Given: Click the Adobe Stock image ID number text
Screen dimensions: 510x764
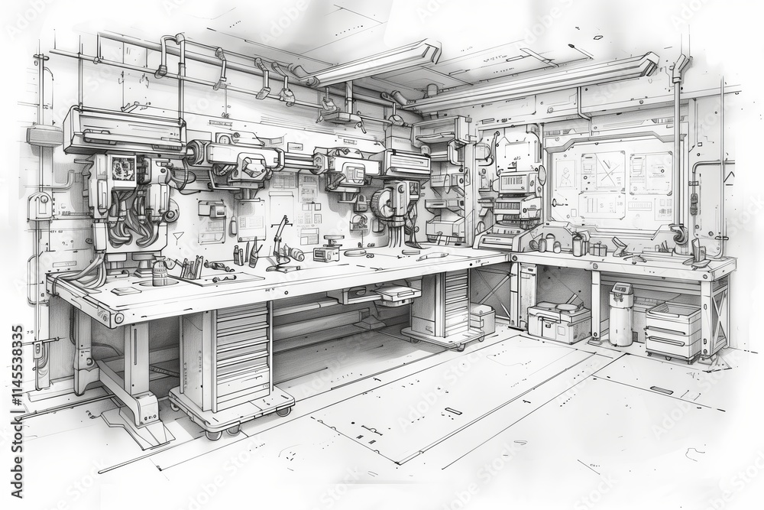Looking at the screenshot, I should coord(17,401).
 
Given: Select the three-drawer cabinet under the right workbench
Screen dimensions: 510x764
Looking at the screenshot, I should coord(673,330).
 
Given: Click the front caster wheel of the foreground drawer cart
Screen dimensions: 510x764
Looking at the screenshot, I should coord(213,433).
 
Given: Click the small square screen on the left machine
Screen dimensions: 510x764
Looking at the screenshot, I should coord(121,168).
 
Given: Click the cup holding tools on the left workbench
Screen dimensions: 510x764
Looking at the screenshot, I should coord(160,272).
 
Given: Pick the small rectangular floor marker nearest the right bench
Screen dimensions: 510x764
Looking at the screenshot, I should coord(661,390).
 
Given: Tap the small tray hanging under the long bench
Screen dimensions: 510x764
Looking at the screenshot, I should coord(398,294).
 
